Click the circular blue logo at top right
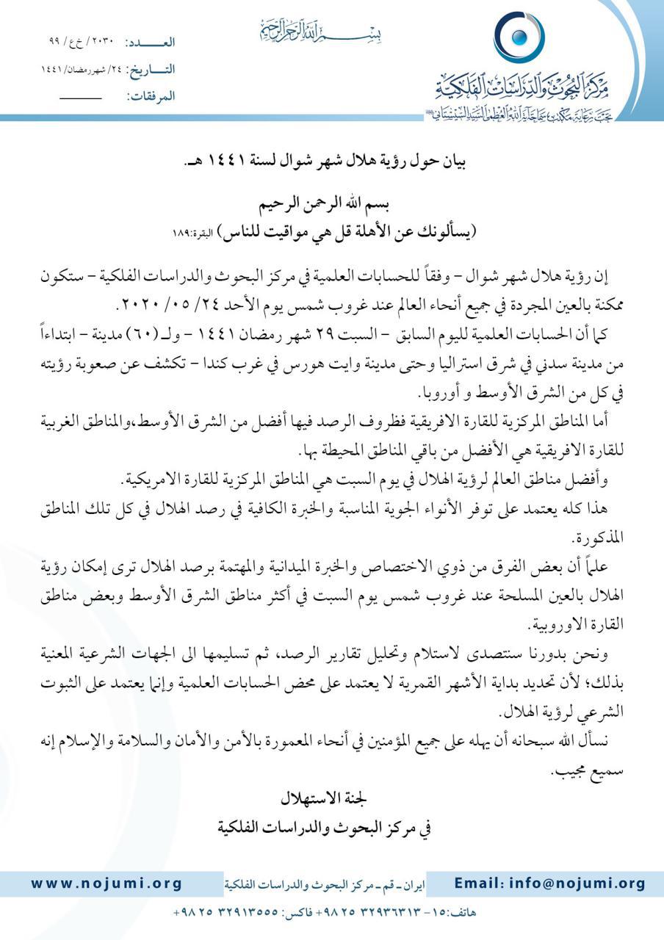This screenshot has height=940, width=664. point(519,37)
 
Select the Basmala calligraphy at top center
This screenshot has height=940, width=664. point(322,32)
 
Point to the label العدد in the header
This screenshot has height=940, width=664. point(151,43)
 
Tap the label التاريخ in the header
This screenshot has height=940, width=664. point(150,70)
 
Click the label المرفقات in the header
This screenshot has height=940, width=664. point(151,96)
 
